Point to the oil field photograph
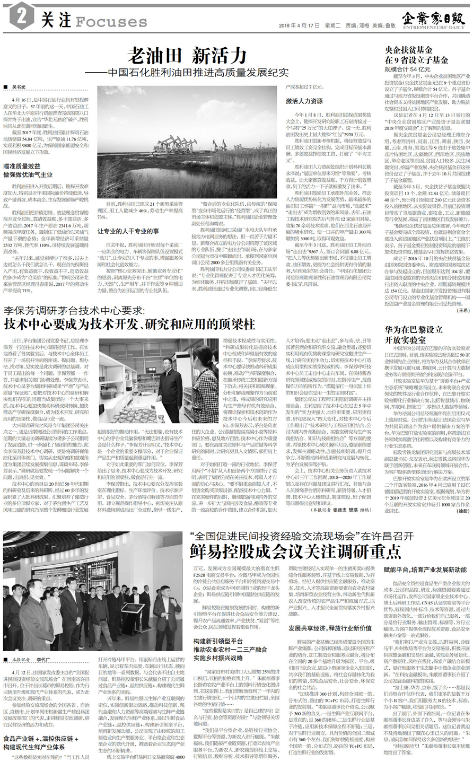[x=188, y=143]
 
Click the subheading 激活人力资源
[x=304, y=100]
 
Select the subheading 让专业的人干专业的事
[x=128, y=231]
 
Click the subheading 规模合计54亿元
[x=408, y=69]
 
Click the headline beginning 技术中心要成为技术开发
[x=129, y=324]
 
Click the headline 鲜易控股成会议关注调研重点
[x=295, y=551]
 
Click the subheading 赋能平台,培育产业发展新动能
[x=425, y=570]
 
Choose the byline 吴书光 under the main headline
[x=18, y=86]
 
